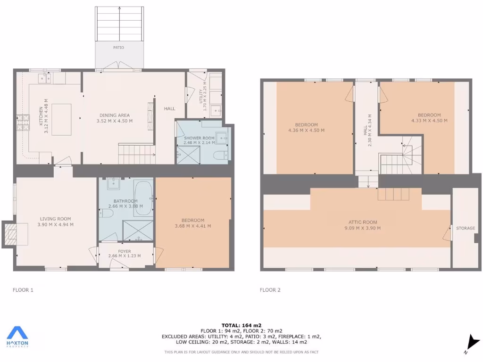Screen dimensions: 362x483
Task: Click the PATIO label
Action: pos(118,48)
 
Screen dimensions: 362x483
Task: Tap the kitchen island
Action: pos(61,119)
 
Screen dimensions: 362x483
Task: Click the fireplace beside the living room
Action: pos(10,234)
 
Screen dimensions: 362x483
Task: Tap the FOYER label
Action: pos(125,251)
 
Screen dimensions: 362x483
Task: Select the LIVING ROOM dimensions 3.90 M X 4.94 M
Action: pos(55,224)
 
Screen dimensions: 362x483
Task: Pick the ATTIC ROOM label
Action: pos(363,222)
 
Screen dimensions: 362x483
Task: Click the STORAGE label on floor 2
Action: pos(466,228)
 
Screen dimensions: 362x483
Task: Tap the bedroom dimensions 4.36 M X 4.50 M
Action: pos(306,131)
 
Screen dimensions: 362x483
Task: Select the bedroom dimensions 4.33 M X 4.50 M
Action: pos(429,121)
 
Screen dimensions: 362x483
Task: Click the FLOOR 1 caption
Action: pos(23,290)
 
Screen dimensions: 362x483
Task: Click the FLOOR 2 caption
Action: pos(270,290)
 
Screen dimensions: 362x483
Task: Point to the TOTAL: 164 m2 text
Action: pos(241,325)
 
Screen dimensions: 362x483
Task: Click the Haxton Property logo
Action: pos(17,337)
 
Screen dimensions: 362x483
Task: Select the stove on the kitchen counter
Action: pos(22,123)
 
